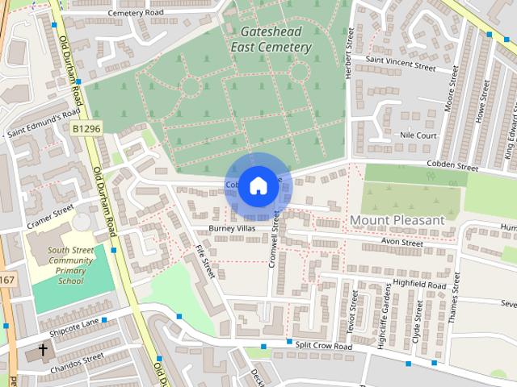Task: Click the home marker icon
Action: (x=258, y=185)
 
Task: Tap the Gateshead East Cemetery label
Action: (x=271, y=40)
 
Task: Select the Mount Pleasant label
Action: (x=397, y=220)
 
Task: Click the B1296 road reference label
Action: (x=86, y=128)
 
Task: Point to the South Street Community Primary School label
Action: (x=70, y=266)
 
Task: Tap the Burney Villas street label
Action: (x=232, y=229)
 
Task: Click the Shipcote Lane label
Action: (x=72, y=323)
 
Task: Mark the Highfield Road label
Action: (x=419, y=285)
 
